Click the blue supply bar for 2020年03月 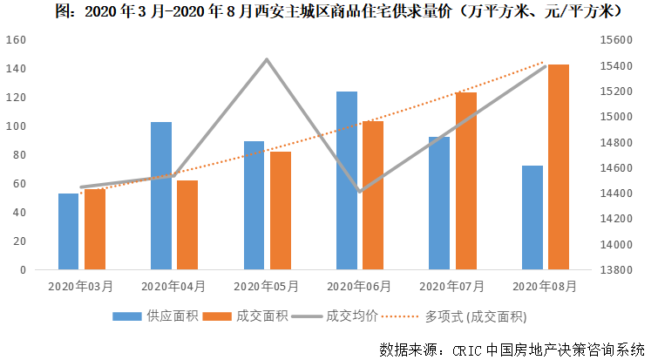tap(68, 232)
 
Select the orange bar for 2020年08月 tap(559, 167)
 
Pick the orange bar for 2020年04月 tap(187, 225)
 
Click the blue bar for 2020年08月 tap(533, 218)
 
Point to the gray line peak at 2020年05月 tap(267, 59)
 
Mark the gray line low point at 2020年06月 tap(359, 191)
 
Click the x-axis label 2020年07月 tap(452, 286)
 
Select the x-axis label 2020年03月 tap(81, 286)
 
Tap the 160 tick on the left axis tap(15, 40)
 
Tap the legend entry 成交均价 tap(348, 315)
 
